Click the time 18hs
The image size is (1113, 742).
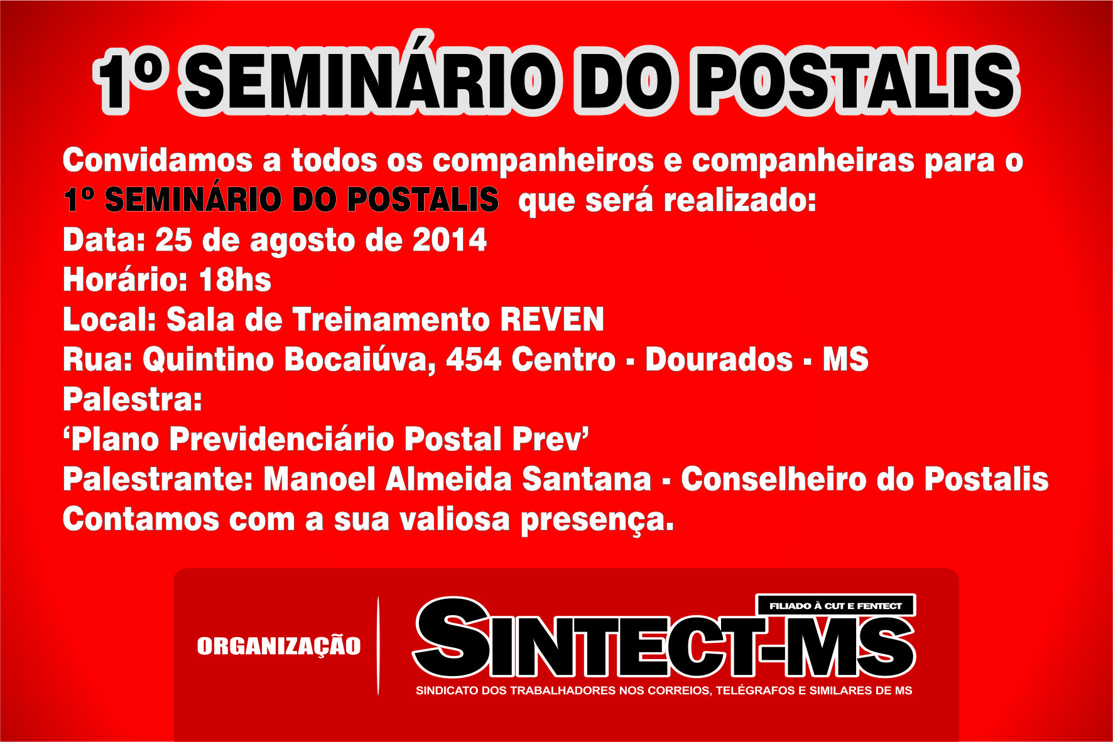[235, 280]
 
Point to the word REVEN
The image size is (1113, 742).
[552, 320]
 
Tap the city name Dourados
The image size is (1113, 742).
[719, 360]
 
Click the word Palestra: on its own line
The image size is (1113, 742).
[133, 399]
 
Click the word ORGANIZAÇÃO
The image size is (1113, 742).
[279, 647]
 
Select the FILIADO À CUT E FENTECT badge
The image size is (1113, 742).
[835, 606]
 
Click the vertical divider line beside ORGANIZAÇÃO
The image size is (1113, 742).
[378, 645]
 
